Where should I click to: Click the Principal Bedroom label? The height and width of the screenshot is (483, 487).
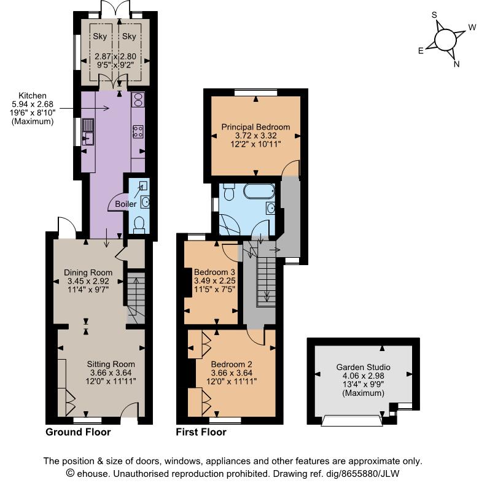coord(255,127)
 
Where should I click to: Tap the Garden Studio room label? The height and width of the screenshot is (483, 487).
coord(363,368)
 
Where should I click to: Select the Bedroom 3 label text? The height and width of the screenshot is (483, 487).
coord(214,272)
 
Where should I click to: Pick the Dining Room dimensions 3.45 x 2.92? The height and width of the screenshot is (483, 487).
coord(88,282)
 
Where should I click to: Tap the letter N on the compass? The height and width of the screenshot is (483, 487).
coord(456,64)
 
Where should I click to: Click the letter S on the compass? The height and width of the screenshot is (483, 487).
coord(434,14)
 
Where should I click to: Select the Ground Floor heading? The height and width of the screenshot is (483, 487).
coord(78,432)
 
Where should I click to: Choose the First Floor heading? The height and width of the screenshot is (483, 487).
coord(201,432)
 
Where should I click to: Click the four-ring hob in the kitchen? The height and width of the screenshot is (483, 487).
coord(138,131)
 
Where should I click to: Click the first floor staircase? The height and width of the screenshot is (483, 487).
coord(265,280)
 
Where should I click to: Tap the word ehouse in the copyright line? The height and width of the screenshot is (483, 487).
coord(93,474)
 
